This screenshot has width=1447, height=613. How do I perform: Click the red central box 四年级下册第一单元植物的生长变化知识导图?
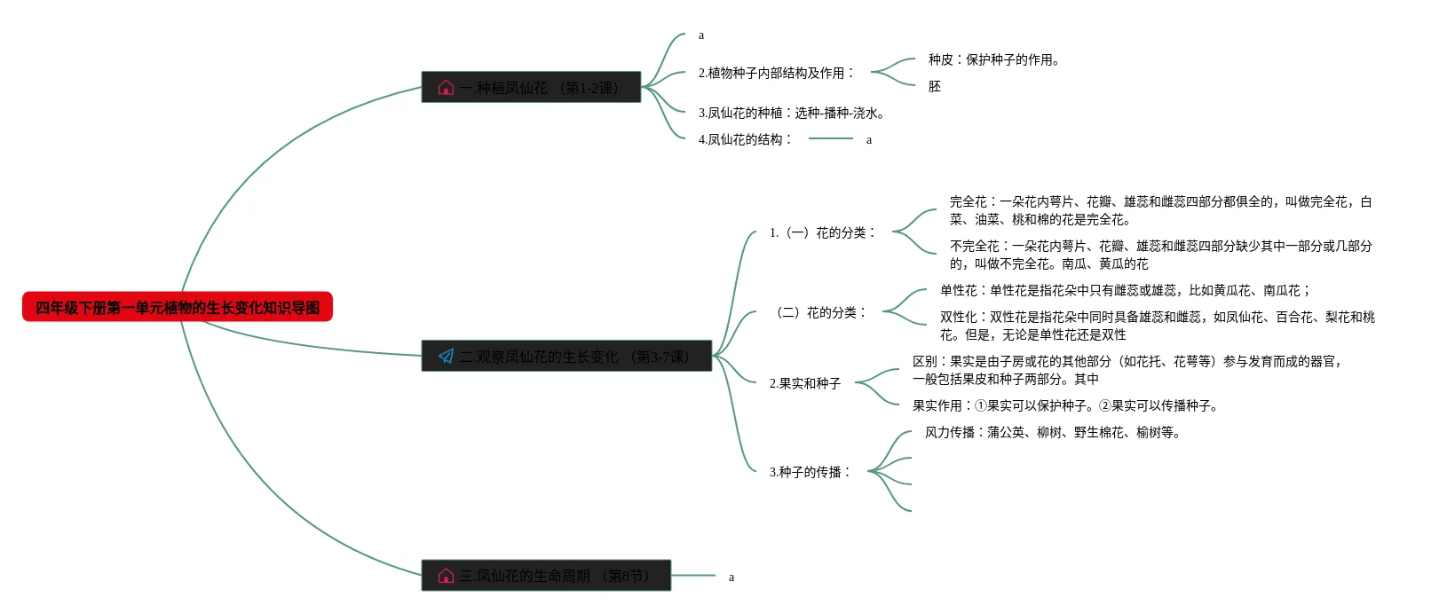[x=178, y=307]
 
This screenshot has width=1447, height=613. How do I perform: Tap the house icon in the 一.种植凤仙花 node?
[x=446, y=88]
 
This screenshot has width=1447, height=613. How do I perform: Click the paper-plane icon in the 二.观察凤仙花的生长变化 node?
[x=446, y=357]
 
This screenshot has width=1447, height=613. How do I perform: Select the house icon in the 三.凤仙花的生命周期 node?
[x=446, y=576]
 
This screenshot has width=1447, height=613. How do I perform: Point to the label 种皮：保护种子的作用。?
[x=994, y=60]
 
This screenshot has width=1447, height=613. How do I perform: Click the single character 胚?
[x=935, y=87]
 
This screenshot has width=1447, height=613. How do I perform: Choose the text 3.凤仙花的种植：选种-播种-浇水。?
[x=791, y=114]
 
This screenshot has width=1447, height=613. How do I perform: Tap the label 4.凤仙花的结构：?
[x=745, y=140]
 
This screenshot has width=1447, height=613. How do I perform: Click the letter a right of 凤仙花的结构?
[x=869, y=140]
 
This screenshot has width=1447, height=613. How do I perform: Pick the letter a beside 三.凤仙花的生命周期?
[x=731, y=578]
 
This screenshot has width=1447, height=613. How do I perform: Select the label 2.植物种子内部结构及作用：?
[x=776, y=74]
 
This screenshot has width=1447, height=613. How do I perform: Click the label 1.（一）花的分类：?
[x=823, y=233]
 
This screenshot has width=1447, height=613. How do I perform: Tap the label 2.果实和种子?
[x=805, y=384]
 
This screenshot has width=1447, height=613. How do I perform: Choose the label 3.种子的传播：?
[x=810, y=473]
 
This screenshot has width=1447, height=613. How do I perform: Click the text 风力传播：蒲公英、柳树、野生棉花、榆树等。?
[x=1052, y=433]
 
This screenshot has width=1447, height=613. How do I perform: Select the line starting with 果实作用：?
[x=1065, y=406]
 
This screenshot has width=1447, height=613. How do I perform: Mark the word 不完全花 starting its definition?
[x=975, y=247]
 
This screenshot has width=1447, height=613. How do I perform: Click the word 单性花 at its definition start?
[x=959, y=291]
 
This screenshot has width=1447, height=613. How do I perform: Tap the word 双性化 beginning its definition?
[x=959, y=318]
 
